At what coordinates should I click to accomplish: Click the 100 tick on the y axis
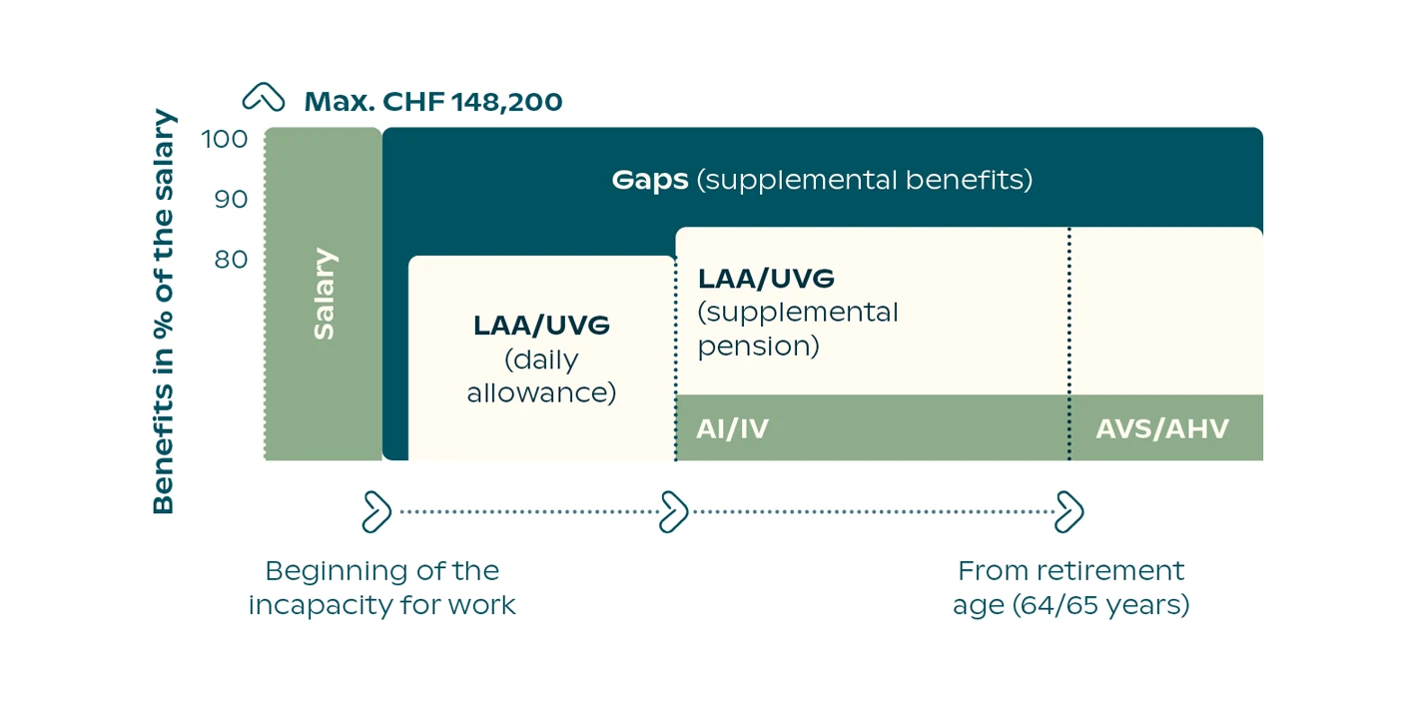click(225, 139)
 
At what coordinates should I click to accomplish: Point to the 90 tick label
click(231, 199)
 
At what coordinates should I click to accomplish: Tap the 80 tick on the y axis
click(231, 259)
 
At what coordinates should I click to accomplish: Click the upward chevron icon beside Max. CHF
click(264, 97)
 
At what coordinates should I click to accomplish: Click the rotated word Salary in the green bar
click(325, 294)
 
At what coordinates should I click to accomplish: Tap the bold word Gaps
click(650, 181)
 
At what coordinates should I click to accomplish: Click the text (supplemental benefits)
click(865, 180)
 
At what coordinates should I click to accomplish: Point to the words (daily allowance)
click(541, 376)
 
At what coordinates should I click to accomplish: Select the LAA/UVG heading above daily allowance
click(541, 326)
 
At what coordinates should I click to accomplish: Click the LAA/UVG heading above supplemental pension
click(766, 279)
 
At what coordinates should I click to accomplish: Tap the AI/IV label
click(733, 428)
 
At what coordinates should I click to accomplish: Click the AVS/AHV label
click(1162, 428)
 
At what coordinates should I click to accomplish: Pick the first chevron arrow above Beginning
click(376, 511)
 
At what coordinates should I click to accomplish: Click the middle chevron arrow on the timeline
click(673, 511)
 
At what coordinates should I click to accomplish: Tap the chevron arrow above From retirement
click(1069, 511)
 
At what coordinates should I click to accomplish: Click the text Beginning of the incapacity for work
click(382, 588)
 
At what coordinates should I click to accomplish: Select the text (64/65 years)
click(1101, 605)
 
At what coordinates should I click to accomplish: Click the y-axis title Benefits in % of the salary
click(164, 312)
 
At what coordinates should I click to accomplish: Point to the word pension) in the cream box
click(758, 347)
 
